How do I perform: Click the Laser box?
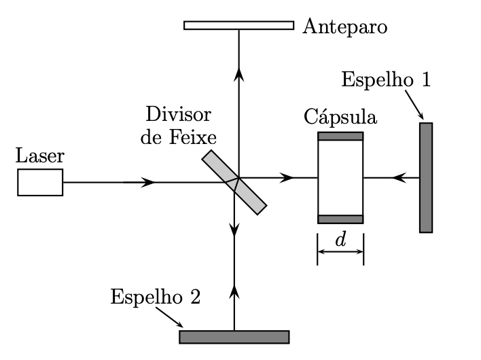tap(40, 182)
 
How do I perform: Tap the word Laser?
tap(41, 157)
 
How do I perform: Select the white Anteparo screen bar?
tap(238, 25)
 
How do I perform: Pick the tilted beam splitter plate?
tap(234, 182)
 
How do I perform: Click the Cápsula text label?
tap(340, 116)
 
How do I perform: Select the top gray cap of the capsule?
tap(340, 136)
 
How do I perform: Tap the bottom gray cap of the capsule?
tap(340, 219)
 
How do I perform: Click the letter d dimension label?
tap(340, 240)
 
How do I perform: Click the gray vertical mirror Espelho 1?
tap(426, 177)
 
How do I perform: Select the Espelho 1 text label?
tap(385, 79)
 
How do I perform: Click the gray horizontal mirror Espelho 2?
tap(234, 337)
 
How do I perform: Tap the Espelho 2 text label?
tap(155, 298)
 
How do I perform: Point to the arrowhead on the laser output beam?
tap(149, 182)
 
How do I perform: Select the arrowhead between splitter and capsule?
tap(288, 177)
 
